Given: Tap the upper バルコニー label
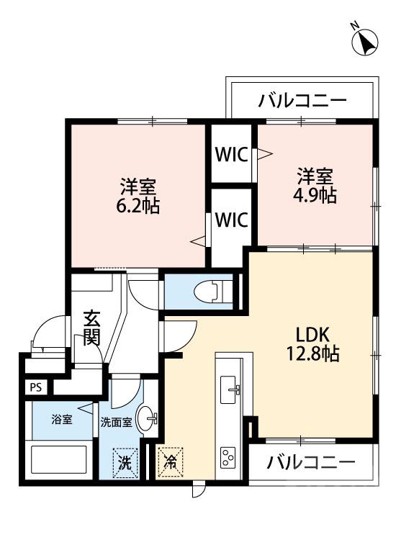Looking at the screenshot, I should [302, 100].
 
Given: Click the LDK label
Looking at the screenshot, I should [312, 335].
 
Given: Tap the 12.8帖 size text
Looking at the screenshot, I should [312, 354].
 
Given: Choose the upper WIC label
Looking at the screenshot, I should [230, 155].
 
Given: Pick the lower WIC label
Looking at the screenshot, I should [230, 218].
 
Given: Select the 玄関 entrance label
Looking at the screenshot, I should [91, 328].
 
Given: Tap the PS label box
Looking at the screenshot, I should [35, 387].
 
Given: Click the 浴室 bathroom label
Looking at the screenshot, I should [61, 420].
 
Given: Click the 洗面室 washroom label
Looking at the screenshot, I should [115, 423].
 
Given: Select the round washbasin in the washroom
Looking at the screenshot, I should [148, 420].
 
